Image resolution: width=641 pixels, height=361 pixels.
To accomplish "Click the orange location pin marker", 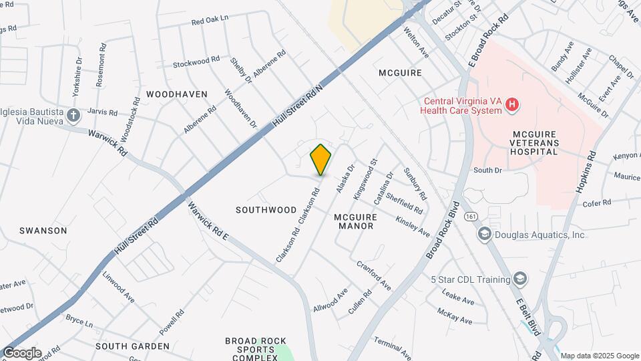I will (x=320, y=159).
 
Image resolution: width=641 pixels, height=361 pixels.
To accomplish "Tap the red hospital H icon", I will (x=512, y=104).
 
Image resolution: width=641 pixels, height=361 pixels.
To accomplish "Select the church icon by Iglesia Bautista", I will (x=73, y=116).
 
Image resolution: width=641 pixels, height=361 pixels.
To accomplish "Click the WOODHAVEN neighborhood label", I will (x=177, y=94).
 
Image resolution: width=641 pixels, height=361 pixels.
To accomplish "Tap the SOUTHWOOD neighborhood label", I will (x=266, y=210).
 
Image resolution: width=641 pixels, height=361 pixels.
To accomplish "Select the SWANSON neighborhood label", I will (x=43, y=231).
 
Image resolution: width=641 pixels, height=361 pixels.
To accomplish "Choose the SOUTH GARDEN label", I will (x=132, y=346).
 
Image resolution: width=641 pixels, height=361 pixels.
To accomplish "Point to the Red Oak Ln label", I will (x=210, y=21).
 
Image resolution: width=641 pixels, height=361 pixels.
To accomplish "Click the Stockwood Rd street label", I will (x=196, y=62).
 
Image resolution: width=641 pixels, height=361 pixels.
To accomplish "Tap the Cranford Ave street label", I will (x=374, y=275).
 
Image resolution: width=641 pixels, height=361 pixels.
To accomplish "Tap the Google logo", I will (x=21, y=352).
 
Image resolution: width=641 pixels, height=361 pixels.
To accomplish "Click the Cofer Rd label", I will (x=598, y=203).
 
